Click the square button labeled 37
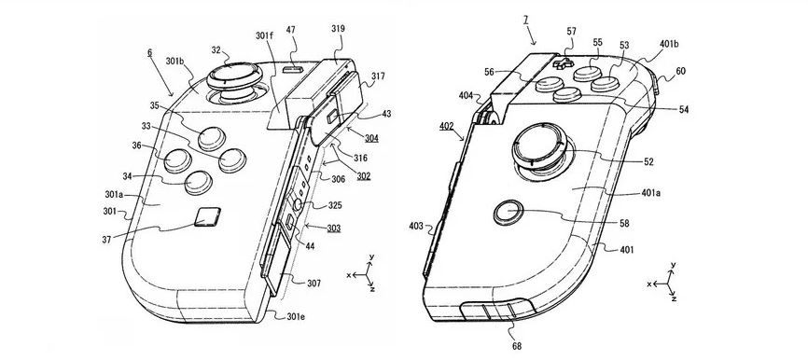tap(208, 216)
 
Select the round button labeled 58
tap(508, 211)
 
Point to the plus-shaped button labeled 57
tap(564, 64)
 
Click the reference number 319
tap(338, 29)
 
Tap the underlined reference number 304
tap(371, 138)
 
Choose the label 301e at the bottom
tap(295, 317)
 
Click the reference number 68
tap(516, 347)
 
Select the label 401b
tap(669, 44)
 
